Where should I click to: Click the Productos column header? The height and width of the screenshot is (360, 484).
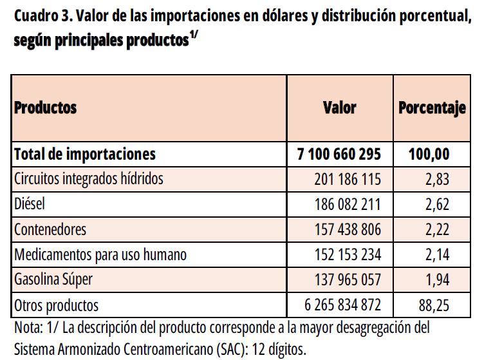pos(46,107)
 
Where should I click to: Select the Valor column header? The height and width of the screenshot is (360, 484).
pos(339,107)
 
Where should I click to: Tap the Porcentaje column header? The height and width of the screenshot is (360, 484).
pos(431,107)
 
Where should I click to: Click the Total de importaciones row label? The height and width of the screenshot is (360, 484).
pos(85,154)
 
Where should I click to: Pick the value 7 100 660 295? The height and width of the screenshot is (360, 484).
pos(339,155)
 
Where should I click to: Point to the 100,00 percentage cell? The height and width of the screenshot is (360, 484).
pos(429,155)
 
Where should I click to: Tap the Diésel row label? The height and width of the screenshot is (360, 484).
pos(29,204)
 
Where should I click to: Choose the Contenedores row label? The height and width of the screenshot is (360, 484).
pos(50,229)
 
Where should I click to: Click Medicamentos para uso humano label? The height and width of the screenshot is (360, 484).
pos(100,254)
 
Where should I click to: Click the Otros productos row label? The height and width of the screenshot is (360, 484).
pos(57,305)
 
